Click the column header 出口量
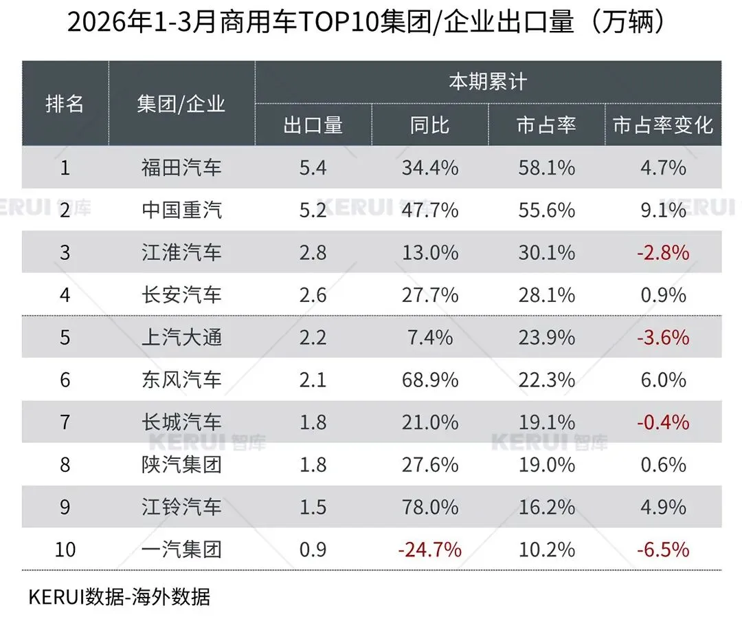pos(313,125)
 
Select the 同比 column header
pos(430,125)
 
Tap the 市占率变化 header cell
pos(663,125)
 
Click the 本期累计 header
pos(488,83)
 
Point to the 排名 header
pos(65,104)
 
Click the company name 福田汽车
pos(182,167)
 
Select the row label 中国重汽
pos(182,210)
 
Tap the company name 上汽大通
pos(182,337)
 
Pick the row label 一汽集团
pos(182,550)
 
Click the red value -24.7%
pos(430,550)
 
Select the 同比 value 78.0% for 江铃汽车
pos(430,507)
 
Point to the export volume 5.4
pos(313,167)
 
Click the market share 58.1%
pos(547,167)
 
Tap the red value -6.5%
pos(663,550)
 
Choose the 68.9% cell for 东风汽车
pos(430,380)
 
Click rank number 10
pos(65,550)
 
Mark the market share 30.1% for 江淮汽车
pos(547,252)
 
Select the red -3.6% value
pos(663,337)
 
